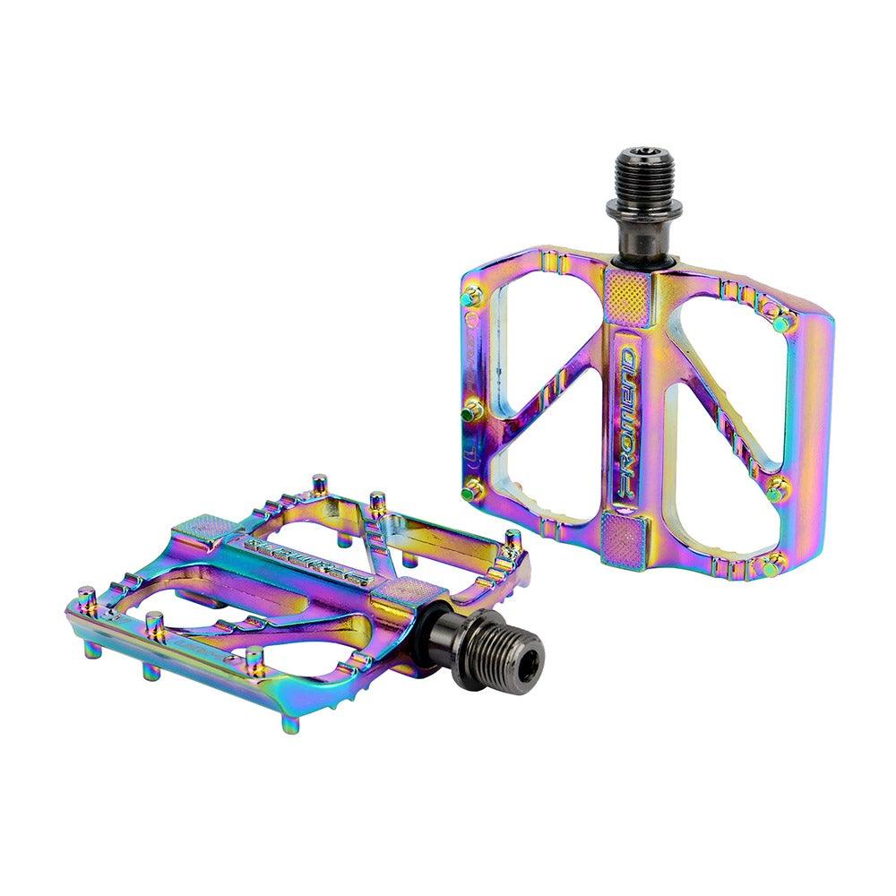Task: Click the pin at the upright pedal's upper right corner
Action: (x=780, y=320)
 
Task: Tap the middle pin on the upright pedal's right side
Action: (x=776, y=488)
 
